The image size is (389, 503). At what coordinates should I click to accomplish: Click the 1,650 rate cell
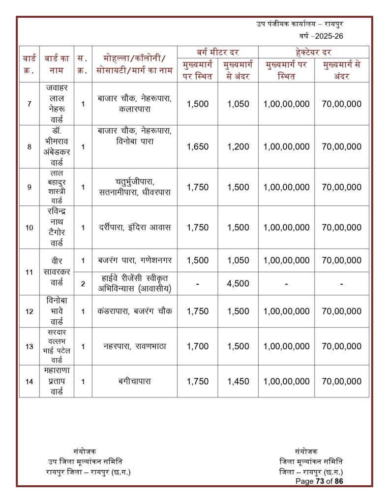coord(198,146)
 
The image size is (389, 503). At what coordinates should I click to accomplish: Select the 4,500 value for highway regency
coord(238,283)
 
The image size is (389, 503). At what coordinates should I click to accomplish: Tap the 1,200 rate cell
coord(238,146)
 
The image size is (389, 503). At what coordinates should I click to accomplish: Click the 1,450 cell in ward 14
coord(238,381)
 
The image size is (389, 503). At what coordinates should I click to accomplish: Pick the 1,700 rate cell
coord(198,346)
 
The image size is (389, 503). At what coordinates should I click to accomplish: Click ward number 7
coord(30,104)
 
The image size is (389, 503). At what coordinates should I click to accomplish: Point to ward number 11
coord(30,272)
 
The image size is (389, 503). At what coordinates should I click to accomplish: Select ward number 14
coord(30,381)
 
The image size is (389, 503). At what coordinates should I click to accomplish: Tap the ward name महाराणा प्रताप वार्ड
coord(58,381)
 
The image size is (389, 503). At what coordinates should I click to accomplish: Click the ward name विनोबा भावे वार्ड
coord(58,311)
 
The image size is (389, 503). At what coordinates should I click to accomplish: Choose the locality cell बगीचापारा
coord(134,381)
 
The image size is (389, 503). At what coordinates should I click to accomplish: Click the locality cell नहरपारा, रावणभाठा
coord(134,346)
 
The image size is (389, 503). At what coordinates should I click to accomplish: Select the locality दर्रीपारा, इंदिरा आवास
coord(134,227)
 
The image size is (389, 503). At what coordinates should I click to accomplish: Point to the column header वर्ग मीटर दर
coord(218,52)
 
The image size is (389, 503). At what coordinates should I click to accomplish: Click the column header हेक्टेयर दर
coord(313,52)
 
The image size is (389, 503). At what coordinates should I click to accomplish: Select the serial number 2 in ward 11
coord(83,283)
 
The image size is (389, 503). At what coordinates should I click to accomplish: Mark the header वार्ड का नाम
coord(58,64)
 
